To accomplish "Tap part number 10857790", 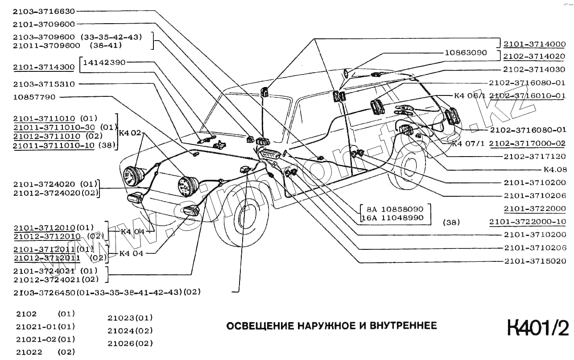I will pos(34,96).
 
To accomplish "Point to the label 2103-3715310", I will pos(44,84).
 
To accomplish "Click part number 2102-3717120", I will pos(535,157).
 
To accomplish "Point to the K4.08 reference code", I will pos(555,170).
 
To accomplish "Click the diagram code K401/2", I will pos(538,328).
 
